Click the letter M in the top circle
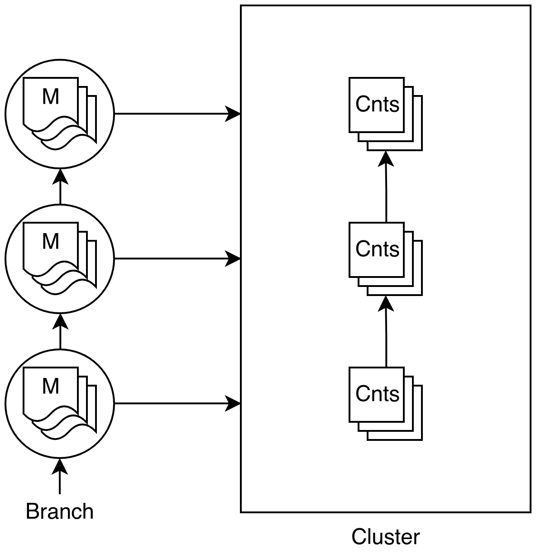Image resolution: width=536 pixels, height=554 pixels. (50, 96)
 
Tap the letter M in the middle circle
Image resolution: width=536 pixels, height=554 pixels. (50, 241)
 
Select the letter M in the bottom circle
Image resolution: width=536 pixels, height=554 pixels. (50, 386)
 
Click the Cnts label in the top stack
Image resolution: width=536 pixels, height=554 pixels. (377, 104)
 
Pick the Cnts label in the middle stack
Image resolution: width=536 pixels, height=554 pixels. (377, 249)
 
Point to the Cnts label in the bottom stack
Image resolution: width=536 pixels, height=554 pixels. (377, 394)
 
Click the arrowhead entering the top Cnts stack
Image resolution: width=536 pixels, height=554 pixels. (386, 159)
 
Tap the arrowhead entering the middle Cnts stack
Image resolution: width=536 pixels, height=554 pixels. (386, 304)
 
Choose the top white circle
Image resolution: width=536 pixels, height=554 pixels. (60, 154)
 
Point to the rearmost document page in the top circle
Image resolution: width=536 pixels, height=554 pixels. (93, 118)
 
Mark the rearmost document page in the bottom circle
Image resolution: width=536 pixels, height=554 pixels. (93, 407)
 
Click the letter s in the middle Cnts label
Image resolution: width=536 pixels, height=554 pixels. (394, 250)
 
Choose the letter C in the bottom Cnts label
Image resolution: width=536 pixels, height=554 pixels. (362, 394)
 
